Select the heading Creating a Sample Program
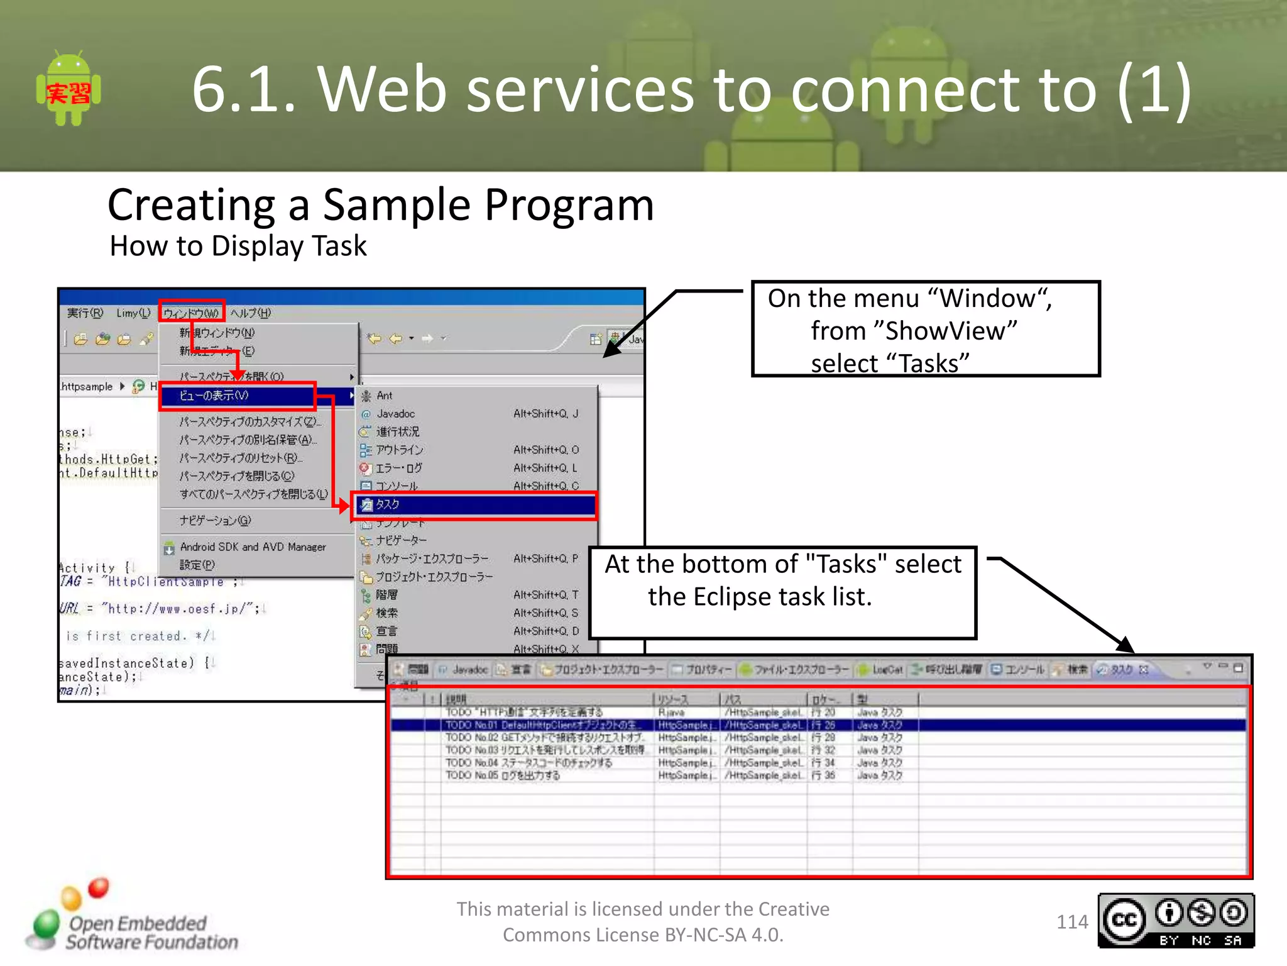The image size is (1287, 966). click(x=380, y=205)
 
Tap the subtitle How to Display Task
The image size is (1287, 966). click(x=238, y=246)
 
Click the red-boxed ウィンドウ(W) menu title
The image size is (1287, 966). click(x=191, y=313)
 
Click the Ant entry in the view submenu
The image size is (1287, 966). click(x=384, y=396)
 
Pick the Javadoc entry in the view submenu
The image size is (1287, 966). click(x=395, y=414)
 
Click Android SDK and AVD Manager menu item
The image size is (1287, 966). click(x=253, y=547)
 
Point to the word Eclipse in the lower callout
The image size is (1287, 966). click(x=734, y=597)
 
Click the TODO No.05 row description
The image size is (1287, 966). click(x=503, y=775)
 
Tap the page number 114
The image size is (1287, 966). click(x=1071, y=922)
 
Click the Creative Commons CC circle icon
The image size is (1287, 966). click(x=1124, y=920)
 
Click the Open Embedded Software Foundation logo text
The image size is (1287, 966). click(x=151, y=932)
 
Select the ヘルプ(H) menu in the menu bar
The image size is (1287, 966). click(x=250, y=313)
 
